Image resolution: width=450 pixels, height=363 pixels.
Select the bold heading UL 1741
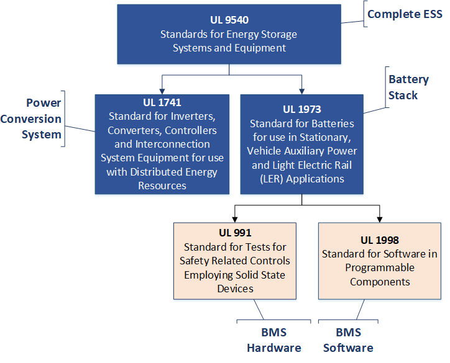click(x=162, y=102)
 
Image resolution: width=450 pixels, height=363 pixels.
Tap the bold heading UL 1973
click(x=301, y=110)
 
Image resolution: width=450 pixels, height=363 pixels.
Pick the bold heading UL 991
click(x=235, y=233)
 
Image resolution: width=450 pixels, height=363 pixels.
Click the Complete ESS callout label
click(x=404, y=14)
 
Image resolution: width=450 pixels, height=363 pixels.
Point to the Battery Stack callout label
click(x=408, y=87)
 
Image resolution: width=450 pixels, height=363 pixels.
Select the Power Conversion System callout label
click(x=43, y=119)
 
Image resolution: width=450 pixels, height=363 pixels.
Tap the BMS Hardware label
click(x=274, y=340)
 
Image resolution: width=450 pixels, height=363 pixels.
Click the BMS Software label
click(x=348, y=340)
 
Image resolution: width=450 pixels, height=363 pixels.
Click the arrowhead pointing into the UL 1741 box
click(x=162, y=91)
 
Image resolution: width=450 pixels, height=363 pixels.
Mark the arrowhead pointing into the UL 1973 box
click(x=301, y=91)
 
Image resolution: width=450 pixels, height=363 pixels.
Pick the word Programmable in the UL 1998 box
click(x=379, y=267)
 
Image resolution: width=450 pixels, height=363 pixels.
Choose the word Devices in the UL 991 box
click(x=235, y=289)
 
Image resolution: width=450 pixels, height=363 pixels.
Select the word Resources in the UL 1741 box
click(x=162, y=186)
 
